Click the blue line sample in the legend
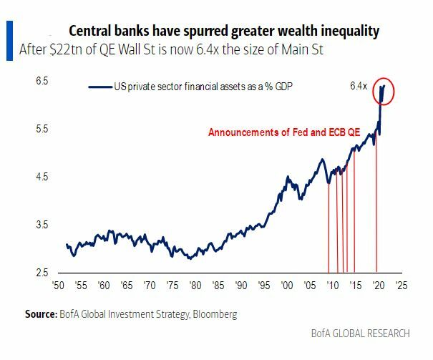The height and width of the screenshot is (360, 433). (x=100, y=87)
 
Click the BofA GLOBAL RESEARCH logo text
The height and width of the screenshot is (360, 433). (x=361, y=333)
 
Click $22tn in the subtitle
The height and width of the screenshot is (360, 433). (x=66, y=51)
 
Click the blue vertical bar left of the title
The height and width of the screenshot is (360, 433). (x=9, y=39)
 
